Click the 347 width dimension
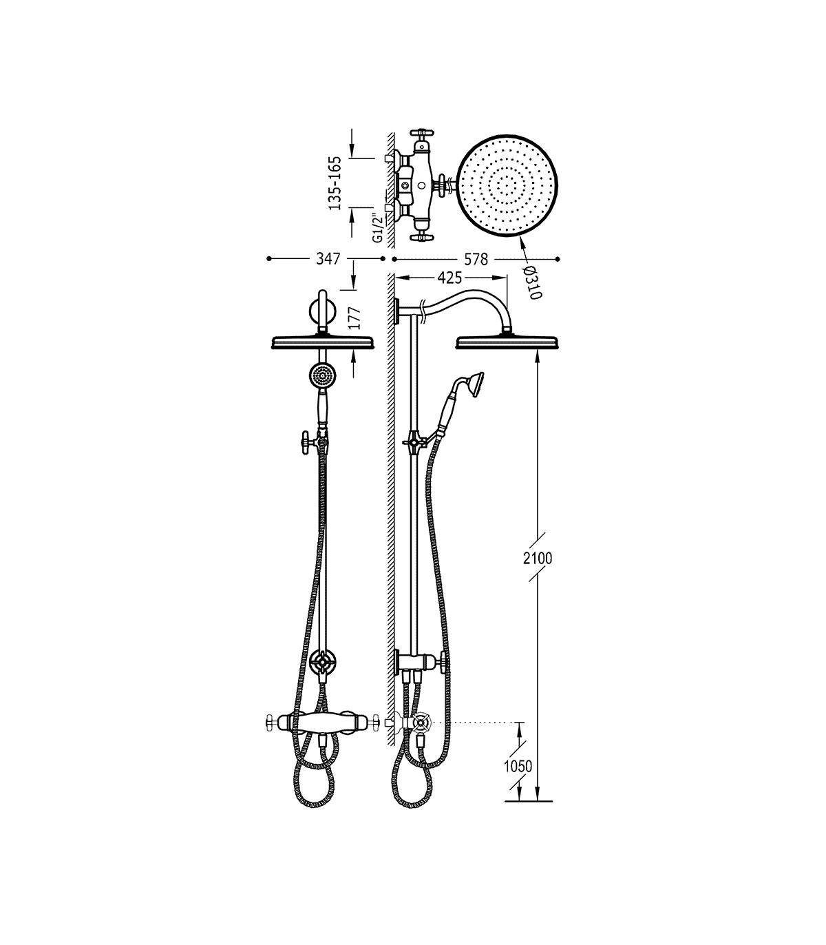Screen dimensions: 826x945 328,259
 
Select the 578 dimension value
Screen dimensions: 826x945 476,260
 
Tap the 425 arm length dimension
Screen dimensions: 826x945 449,278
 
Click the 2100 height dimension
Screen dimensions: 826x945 538,559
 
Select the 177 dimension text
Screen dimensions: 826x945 355,318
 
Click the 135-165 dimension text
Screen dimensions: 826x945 335,183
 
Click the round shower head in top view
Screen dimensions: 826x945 509,187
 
